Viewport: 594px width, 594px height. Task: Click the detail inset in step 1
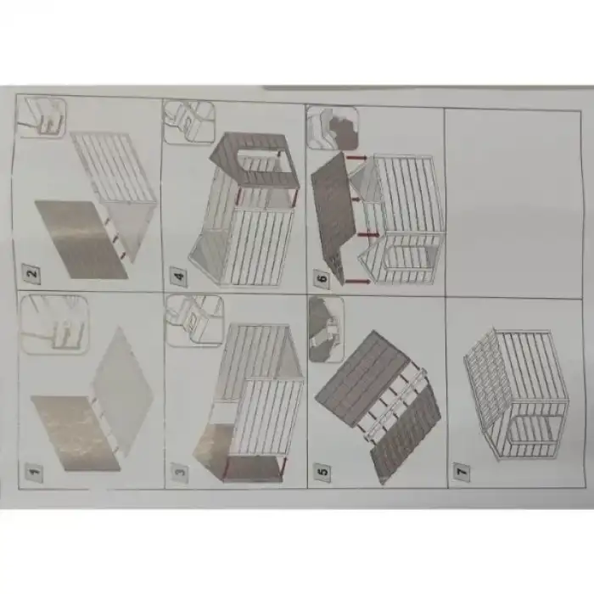52,323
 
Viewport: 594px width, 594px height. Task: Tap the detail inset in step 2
42,117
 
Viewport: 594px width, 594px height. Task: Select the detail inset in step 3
194,319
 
